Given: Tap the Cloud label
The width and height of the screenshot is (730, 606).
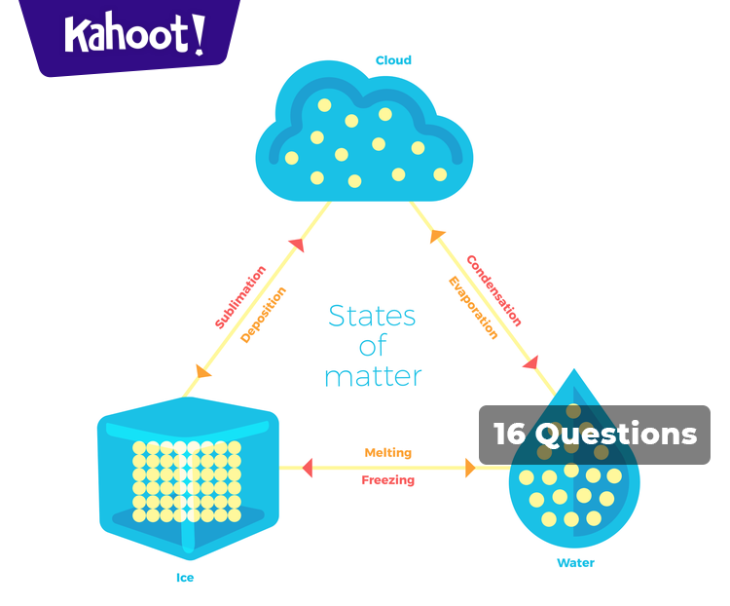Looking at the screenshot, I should (393, 60).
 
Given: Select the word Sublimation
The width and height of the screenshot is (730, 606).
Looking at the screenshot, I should (240, 296).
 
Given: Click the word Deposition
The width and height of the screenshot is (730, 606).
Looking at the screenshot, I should (264, 314).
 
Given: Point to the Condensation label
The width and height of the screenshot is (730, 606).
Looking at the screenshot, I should (493, 290).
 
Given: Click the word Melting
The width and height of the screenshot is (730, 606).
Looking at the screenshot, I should (387, 453).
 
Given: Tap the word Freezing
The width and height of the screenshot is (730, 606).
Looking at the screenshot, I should (387, 480).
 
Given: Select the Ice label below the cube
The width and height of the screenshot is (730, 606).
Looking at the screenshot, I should (185, 578).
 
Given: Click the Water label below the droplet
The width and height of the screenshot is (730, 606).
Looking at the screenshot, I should (575, 563).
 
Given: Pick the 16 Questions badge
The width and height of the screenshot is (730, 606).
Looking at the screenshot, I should (595, 435).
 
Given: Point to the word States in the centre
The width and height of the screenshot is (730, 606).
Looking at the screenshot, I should (372, 317).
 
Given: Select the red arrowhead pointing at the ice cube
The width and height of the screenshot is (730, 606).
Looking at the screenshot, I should (307, 468).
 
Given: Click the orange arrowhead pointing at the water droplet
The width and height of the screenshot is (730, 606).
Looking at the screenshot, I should (470, 468).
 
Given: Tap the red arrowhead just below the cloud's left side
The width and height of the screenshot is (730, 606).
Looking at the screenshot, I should (297, 245).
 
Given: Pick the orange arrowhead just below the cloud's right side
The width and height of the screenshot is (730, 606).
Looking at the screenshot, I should (437, 236).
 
